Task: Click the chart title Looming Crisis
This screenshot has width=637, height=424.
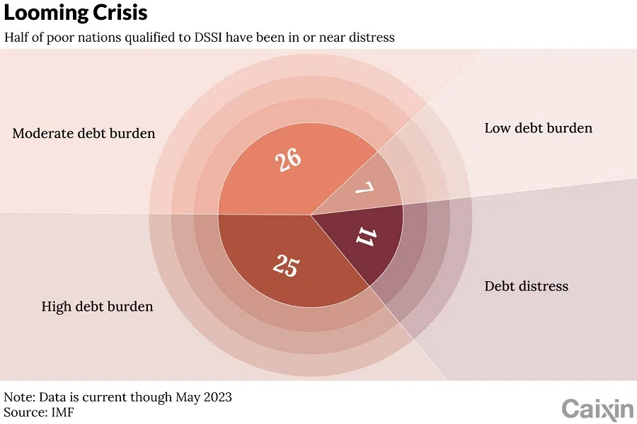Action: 76,13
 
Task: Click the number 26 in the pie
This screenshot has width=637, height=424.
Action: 288,160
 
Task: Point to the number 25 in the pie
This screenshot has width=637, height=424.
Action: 285,266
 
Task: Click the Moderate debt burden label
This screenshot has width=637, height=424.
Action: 84,133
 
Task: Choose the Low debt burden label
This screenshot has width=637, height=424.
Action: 538,128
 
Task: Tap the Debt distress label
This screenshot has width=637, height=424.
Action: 526,286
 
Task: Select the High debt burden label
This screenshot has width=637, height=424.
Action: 97,306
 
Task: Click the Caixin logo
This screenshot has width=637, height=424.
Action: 597,409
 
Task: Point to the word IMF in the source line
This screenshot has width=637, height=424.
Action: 62,411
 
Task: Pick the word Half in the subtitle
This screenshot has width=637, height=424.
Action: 17,37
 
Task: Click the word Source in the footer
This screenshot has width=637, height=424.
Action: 24,411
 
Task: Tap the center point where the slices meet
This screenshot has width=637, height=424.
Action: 311,214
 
